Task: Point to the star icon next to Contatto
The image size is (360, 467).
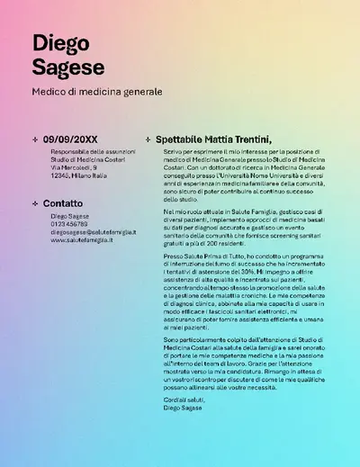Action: [34, 203]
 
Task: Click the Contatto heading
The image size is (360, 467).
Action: [63, 203]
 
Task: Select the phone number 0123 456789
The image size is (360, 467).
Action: [69, 224]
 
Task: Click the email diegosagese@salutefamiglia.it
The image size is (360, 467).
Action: [94, 232]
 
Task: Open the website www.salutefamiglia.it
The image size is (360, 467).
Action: [82, 240]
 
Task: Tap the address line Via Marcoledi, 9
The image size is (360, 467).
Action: [74, 167]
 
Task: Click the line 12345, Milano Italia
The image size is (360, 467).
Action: [79, 175]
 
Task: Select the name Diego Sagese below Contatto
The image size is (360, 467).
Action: [70, 216]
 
